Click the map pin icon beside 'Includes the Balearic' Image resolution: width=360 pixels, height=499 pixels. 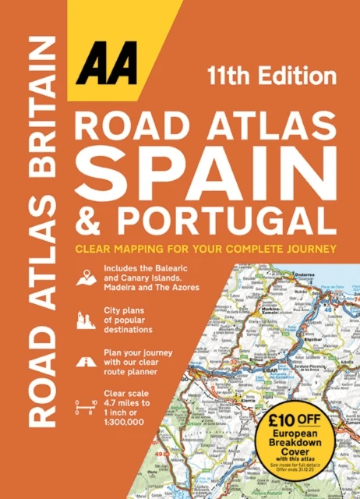pos(83,277)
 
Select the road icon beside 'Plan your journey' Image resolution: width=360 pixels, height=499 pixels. pos(83,361)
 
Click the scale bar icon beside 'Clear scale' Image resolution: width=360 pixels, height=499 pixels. pos(83,405)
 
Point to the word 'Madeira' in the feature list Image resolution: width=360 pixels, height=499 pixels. pos(122,288)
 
